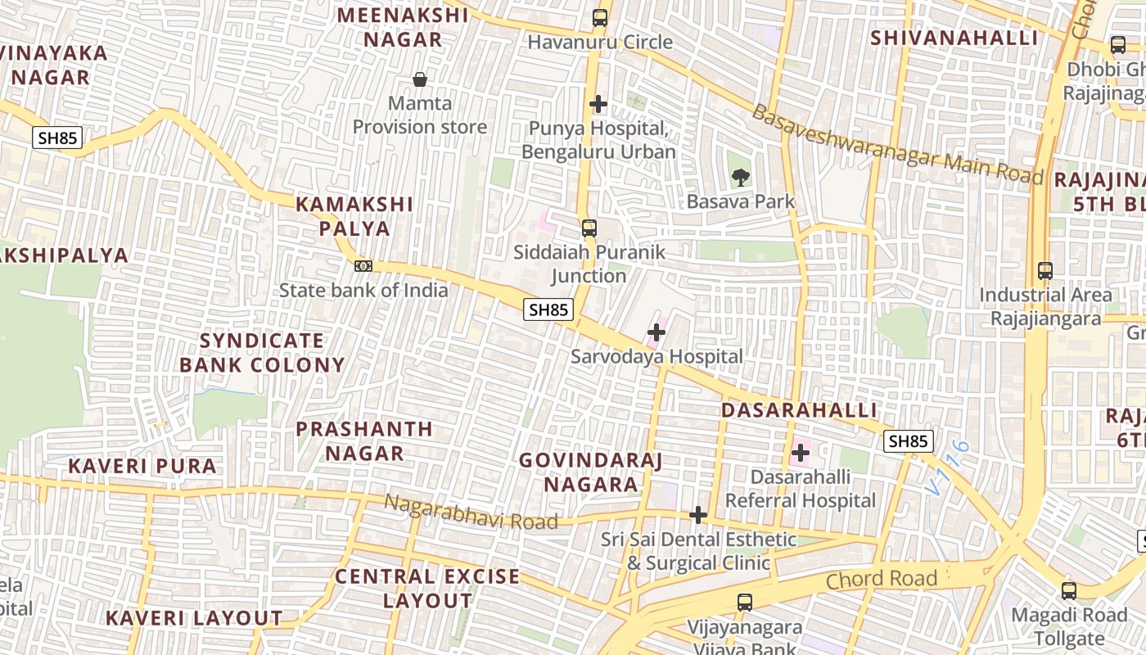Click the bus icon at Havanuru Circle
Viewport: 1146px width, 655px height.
point(600,17)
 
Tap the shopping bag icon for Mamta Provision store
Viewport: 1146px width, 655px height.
point(420,79)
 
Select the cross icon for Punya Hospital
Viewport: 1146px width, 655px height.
point(598,104)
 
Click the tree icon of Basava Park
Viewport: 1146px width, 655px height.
point(740,177)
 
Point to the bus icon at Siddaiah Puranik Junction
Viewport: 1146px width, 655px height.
point(589,228)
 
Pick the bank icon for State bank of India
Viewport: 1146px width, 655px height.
point(363,266)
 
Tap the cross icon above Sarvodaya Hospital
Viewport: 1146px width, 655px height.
point(656,332)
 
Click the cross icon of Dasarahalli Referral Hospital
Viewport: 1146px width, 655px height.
point(801,453)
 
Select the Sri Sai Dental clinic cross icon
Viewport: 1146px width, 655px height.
point(698,515)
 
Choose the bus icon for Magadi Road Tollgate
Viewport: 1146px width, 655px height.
point(1069,590)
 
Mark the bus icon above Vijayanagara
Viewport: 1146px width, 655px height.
point(745,603)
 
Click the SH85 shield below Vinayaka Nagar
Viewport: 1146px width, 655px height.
point(57,138)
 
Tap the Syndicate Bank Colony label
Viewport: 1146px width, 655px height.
point(262,353)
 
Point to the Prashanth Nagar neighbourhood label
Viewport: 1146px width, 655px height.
point(364,441)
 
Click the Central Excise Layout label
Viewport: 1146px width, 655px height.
point(427,588)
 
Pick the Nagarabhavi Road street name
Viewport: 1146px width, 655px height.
point(471,512)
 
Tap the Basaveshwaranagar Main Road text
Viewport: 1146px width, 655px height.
point(897,145)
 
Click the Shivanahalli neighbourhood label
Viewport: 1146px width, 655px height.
point(954,38)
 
